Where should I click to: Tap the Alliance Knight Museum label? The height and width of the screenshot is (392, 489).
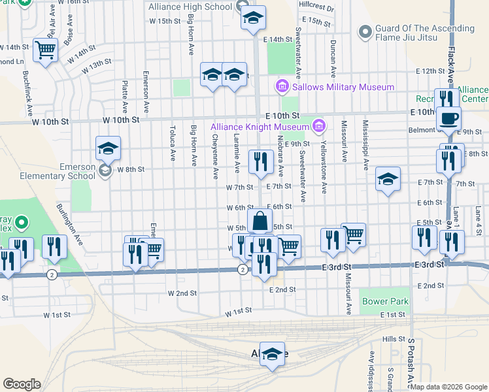(x=259, y=126)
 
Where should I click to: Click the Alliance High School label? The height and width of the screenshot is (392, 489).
(x=190, y=7)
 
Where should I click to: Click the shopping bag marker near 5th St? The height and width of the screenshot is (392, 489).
(x=260, y=221)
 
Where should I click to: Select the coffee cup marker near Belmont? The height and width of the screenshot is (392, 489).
(x=448, y=119)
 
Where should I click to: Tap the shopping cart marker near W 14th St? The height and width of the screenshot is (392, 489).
(x=45, y=50)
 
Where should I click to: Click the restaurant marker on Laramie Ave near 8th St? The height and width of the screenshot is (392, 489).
(x=260, y=161)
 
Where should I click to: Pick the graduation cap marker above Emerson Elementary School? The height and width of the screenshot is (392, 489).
(x=108, y=148)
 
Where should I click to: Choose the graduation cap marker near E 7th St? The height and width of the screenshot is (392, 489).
(x=388, y=180)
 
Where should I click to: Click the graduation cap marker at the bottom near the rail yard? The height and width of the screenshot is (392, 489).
(x=273, y=354)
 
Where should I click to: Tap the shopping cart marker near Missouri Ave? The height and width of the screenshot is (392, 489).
(x=353, y=235)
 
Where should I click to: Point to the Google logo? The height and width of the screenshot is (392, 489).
(x=22, y=384)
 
